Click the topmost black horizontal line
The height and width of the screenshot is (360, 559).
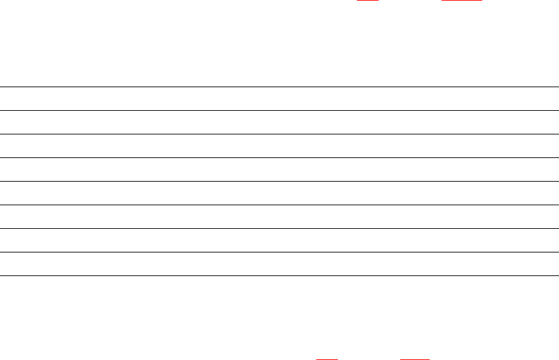pos(276,87)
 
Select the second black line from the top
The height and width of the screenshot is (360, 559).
pos(276,111)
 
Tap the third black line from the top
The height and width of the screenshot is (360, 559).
pos(276,134)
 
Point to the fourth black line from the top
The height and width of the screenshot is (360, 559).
pos(276,158)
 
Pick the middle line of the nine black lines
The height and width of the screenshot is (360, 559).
pos(276,182)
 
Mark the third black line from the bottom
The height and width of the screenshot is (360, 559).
pos(276,229)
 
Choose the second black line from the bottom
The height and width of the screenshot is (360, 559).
pos(276,252)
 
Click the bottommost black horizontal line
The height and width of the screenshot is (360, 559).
pos(276,276)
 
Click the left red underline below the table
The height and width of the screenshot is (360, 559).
pos(327,359)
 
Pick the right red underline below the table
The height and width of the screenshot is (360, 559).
pos(414,359)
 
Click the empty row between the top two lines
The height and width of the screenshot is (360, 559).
pos(276,99)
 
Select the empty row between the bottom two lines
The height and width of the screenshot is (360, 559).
pos(276,264)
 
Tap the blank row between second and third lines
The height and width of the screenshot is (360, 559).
pos(276,123)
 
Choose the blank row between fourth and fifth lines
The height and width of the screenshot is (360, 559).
pos(276,170)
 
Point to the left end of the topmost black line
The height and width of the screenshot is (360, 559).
pos(1,87)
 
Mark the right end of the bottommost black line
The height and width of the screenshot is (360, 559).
pos(549,276)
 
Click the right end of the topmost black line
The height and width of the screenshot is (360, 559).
pos(549,87)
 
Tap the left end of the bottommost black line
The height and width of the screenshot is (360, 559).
pos(1,276)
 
